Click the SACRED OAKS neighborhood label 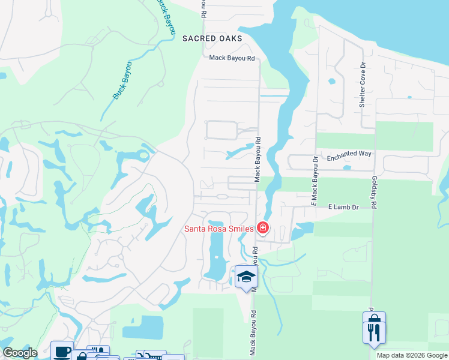pyautogui.click(x=212, y=38)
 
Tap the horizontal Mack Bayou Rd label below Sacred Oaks pyautogui.click(x=232, y=58)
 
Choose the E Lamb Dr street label pyautogui.click(x=343, y=207)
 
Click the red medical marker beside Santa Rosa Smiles pyautogui.click(x=262, y=227)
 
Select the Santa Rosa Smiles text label pyautogui.click(x=218, y=228)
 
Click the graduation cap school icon pyautogui.click(x=246, y=277)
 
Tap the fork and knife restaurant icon pyautogui.click(x=373, y=333)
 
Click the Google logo pyautogui.click(x=20, y=353)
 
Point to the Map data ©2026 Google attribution pyautogui.click(x=412, y=355)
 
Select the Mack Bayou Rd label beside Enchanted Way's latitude pyautogui.click(x=258, y=160)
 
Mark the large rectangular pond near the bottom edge pyautogui.click(x=143, y=327)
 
